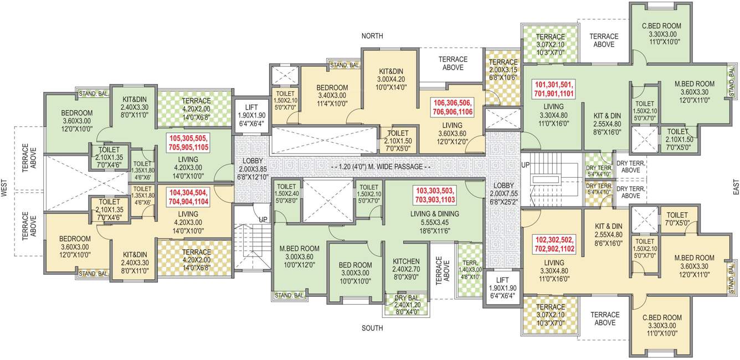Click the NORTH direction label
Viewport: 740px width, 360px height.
(372, 36)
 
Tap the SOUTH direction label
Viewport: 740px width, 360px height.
(372, 328)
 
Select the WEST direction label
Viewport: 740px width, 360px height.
(4, 191)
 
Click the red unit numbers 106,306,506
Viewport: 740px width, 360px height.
(453, 107)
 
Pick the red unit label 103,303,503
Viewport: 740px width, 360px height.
(435, 194)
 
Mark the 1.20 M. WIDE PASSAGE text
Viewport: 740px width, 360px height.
(379, 167)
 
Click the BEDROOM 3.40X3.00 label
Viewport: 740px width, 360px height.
(332, 95)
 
